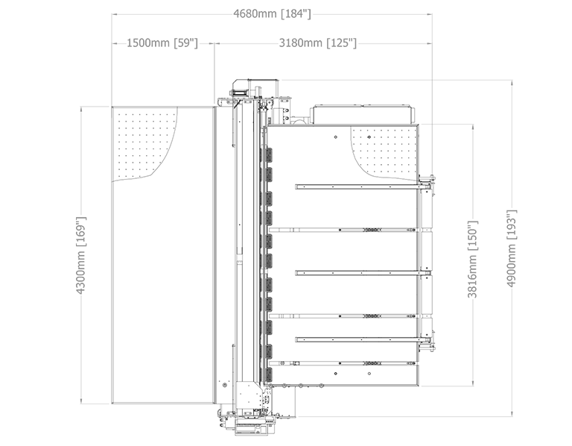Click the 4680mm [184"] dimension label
tap(272, 14)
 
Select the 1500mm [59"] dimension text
tap(162, 43)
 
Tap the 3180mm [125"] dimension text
tap(318, 43)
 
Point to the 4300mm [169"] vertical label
tap(80, 255)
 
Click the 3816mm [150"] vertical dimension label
tap(472, 259)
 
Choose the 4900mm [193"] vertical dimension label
tap(512, 248)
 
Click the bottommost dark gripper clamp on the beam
tap(267, 375)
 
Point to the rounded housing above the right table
tap(362, 114)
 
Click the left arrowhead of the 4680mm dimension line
tap(114, 14)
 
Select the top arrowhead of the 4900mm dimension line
tap(512, 83)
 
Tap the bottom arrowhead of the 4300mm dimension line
tap(81, 401)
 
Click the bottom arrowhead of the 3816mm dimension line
tap(473, 383)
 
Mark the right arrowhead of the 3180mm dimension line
tap(429, 43)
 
